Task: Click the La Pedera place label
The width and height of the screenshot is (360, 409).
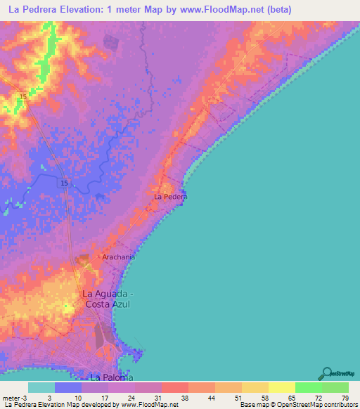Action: click(171, 197)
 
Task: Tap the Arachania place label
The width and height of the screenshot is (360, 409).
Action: click(118, 257)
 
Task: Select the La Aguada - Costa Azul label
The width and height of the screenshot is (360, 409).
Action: click(107, 299)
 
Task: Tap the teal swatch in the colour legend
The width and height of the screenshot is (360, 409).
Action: click(41, 387)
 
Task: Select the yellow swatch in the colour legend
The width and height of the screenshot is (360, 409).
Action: click(281, 387)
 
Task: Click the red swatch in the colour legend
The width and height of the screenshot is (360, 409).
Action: click(175, 387)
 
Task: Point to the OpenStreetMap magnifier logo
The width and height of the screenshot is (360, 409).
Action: click(326, 373)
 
